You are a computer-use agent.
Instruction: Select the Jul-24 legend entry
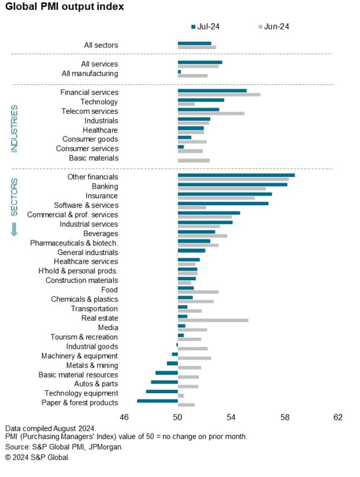click(205, 27)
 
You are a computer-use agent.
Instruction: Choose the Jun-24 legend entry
click(274, 27)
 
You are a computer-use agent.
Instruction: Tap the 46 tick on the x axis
click(124, 417)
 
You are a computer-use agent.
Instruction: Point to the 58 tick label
click(285, 417)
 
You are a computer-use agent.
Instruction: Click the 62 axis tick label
click(338, 417)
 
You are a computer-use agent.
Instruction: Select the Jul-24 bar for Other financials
click(236, 175)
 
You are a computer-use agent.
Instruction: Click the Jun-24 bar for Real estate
click(213, 320)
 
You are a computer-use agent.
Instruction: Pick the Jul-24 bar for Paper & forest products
click(157, 401)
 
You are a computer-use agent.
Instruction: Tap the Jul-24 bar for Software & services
click(222, 203)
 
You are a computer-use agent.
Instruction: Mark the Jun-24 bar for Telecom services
click(211, 113)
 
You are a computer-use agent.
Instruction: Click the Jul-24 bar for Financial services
click(212, 90)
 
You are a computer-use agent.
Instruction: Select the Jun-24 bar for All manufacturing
click(192, 76)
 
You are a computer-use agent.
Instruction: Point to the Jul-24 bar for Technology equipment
click(162, 391)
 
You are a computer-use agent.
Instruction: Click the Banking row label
click(105, 186)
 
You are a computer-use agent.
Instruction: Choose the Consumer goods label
click(90, 139)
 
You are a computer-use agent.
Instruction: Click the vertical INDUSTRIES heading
click(14, 128)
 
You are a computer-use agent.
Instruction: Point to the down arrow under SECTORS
click(14, 230)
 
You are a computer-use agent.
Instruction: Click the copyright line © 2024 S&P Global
click(38, 457)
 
